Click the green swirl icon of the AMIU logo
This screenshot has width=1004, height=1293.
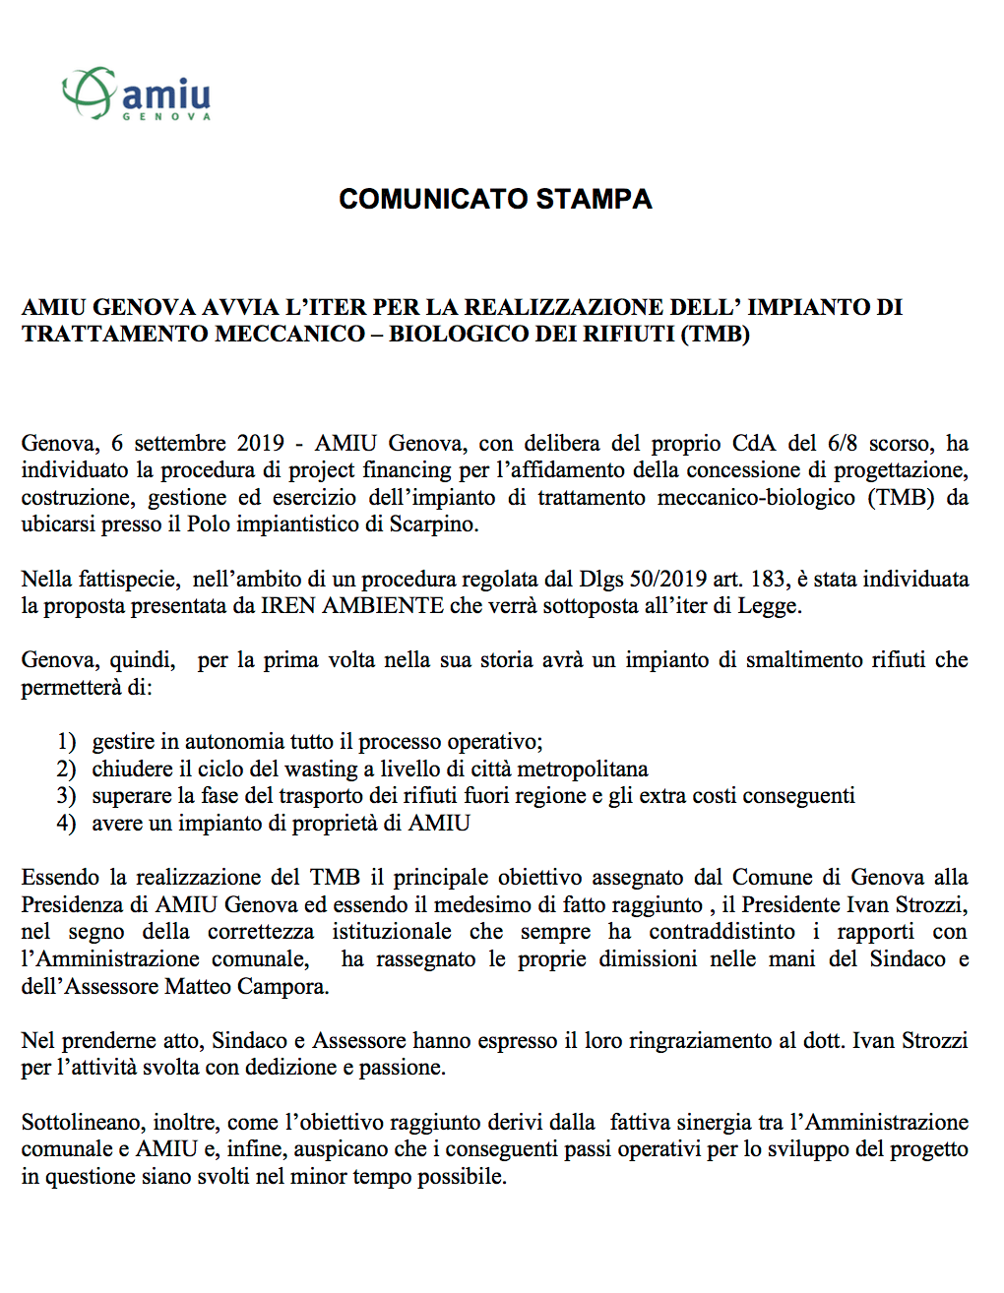[89, 92]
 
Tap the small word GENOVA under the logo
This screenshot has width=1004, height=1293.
[166, 116]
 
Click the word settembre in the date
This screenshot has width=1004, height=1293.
[180, 443]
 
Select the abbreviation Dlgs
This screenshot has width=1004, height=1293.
[600, 579]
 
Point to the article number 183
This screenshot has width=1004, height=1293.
[770, 579]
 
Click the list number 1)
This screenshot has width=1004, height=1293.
[66, 742]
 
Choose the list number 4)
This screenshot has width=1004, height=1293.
[66, 824]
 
